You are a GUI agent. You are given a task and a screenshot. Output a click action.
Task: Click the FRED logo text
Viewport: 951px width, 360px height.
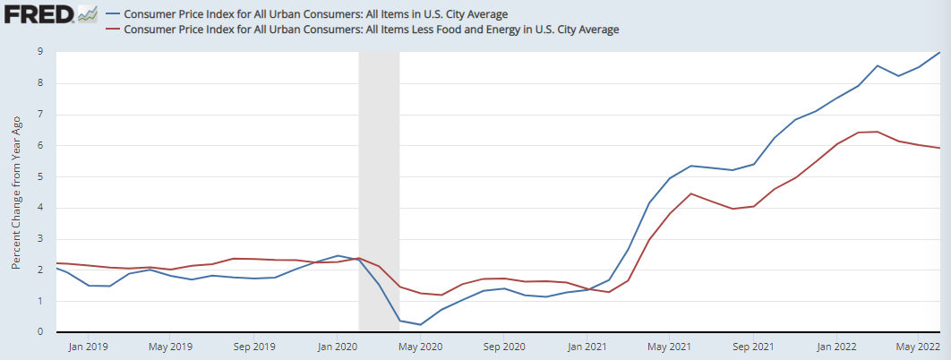[x=38, y=14]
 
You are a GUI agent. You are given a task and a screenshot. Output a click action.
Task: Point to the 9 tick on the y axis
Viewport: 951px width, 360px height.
[x=40, y=53]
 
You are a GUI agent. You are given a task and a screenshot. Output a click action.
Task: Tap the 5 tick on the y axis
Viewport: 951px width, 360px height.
[x=40, y=177]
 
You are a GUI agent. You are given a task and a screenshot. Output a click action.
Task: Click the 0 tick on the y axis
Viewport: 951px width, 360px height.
[x=40, y=332]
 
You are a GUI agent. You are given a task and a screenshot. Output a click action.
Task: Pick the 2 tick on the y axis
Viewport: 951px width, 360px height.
[x=40, y=270]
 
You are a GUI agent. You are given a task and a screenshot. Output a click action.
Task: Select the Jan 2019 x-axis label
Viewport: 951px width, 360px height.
[x=87, y=346]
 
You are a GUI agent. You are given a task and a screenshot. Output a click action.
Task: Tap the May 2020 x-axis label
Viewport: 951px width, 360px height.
[x=420, y=346]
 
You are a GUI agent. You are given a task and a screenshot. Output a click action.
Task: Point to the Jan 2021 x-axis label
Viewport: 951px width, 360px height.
[x=587, y=346]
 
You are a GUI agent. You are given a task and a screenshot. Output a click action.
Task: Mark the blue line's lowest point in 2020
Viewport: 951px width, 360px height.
[x=420, y=324]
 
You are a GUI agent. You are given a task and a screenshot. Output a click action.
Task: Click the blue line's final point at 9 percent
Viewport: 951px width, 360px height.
[x=939, y=53]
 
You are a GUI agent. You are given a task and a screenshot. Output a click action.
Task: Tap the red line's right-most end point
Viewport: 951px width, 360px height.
[x=939, y=148]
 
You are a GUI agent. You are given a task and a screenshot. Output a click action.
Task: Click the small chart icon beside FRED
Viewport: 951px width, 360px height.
[x=87, y=13]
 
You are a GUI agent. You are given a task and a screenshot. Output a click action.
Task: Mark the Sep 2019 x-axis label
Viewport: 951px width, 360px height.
[x=253, y=346]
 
